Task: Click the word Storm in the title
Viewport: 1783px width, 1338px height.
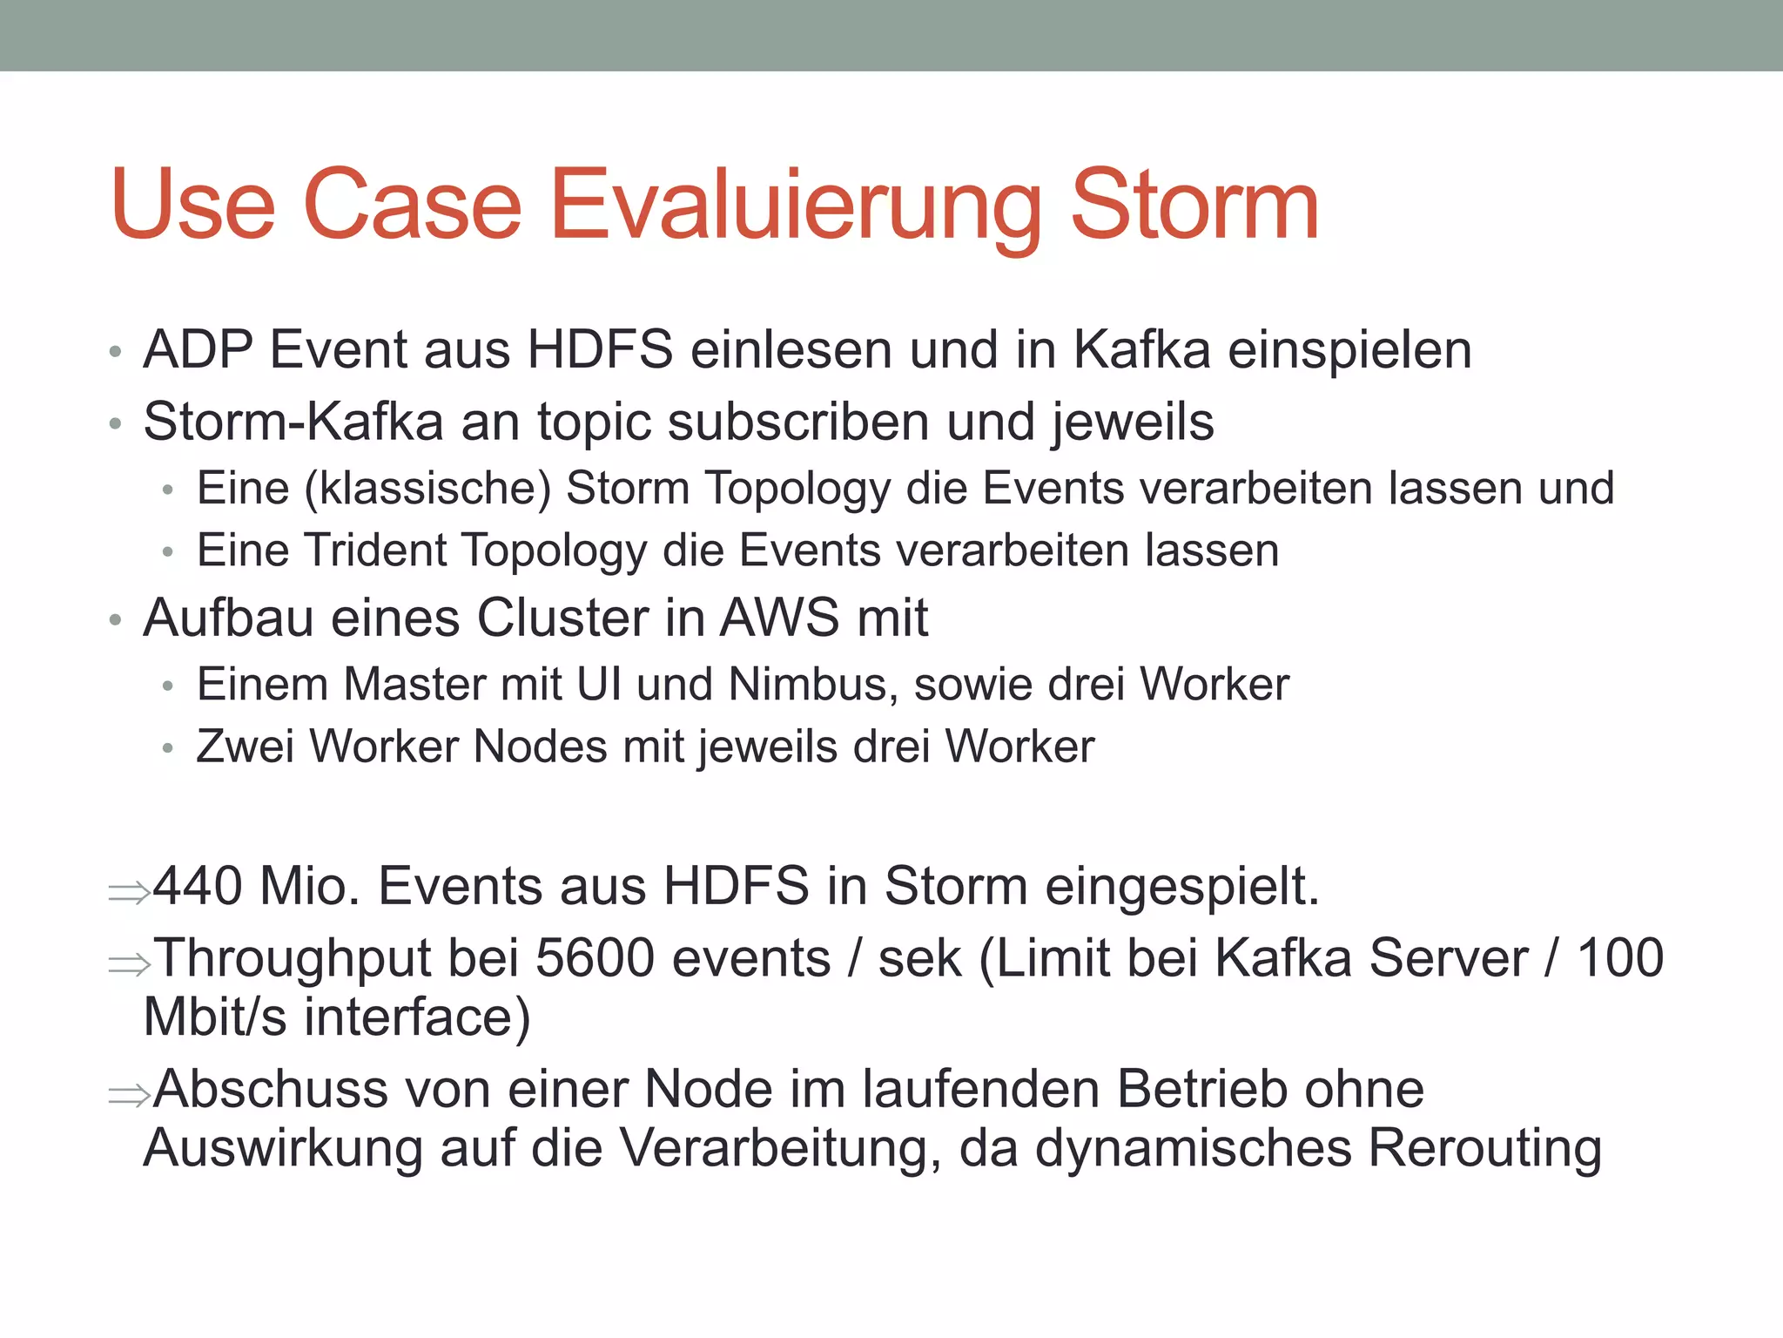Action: (1194, 206)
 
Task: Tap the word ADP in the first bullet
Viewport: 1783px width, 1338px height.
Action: (198, 350)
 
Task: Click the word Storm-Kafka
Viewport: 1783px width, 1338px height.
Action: (293, 422)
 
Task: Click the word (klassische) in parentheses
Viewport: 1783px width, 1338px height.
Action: (427, 489)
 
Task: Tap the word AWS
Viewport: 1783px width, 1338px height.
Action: (780, 618)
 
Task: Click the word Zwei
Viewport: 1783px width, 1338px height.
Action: (245, 747)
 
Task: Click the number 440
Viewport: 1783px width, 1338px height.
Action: (198, 887)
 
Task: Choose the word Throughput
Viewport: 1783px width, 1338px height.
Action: (293, 958)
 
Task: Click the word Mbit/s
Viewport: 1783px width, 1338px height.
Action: (214, 1017)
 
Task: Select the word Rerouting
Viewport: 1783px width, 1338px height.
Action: (1484, 1148)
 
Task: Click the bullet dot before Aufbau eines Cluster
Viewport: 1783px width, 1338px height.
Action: (115, 621)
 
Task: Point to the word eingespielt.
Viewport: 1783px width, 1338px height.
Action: (1181, 887)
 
